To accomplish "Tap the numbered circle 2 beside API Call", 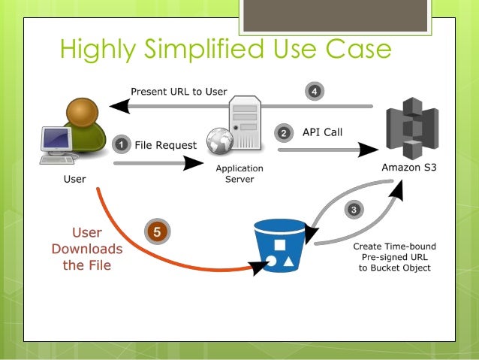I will [x=284, y=133].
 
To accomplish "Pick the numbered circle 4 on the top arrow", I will [x=315, y=92].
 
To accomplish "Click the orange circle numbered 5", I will [x=156, y=232].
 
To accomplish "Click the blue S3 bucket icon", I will [x=279, y=247].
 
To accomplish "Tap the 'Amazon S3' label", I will [x=410, y=168].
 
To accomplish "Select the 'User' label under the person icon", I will [x=74, y=180].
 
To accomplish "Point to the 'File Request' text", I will [x=165, y=144].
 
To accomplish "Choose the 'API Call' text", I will [x=322, y=132].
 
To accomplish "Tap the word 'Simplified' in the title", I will [x=202, y=50].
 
